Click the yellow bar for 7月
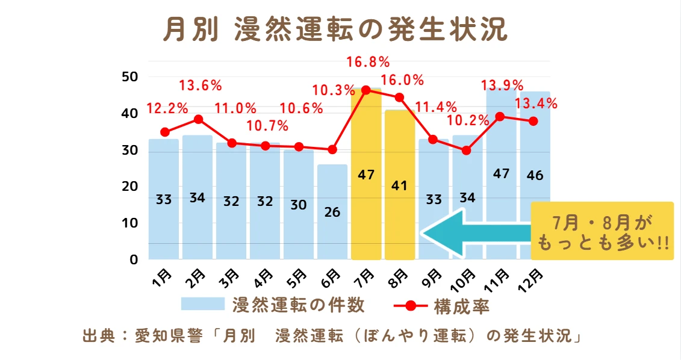coord(366,174)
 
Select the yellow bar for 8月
coord(400,185)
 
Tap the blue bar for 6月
coord(332,212)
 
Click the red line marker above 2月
coord(198,119)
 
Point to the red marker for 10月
coord(467,151)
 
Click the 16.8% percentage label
coord(368,62)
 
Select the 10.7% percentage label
coord(267,126)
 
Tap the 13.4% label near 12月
coord(536,104)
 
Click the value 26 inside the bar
coord(332,212)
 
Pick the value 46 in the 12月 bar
coord(535,175)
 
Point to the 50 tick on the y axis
coord(130,77)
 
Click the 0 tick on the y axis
coord(134,259)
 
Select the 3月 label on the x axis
coord(231,279)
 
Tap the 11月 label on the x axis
coord(497,281)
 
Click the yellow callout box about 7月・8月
coord(602,231)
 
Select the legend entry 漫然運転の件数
coord(273,305)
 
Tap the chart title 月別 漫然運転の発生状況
coord(335,29)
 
